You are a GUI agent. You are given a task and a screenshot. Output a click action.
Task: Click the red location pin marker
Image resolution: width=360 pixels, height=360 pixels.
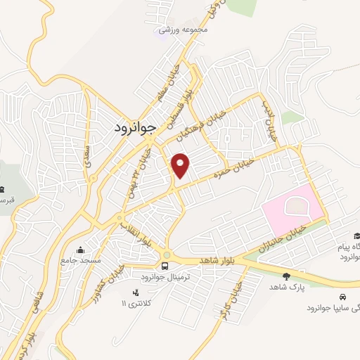[181, 165]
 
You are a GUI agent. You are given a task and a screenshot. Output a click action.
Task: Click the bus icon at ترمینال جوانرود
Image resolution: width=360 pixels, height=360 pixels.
[165, 266]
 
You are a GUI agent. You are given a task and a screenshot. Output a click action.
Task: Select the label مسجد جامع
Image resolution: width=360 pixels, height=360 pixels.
[81, 260]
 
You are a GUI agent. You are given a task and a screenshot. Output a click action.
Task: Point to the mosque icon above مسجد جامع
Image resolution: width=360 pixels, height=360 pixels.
[81, 250]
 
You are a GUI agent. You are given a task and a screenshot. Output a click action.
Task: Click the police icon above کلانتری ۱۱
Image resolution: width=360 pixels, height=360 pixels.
[136, 292]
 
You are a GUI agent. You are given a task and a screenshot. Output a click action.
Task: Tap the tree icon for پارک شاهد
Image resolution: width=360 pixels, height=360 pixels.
[285, 276]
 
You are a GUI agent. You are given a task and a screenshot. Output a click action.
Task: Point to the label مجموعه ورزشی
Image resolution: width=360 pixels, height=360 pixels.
[175, 30]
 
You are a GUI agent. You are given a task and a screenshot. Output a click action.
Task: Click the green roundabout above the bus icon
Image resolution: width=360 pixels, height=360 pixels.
[166, 255]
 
